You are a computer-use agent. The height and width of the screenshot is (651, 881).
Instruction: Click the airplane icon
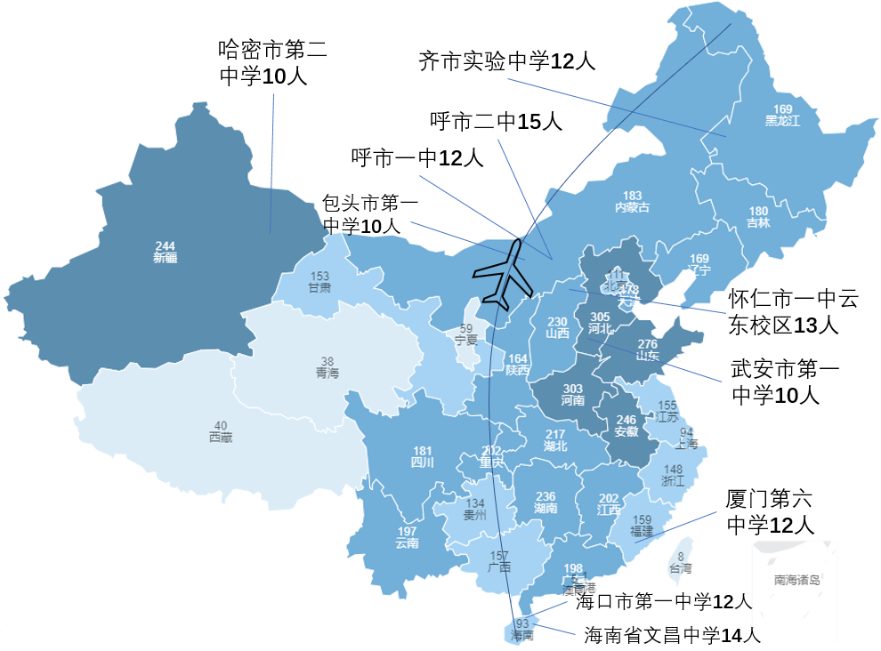tap(503, 276)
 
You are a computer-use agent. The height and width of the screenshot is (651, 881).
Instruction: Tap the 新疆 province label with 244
tap(165, 252)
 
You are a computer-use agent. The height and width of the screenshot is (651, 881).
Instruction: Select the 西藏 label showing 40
tap(221, 430)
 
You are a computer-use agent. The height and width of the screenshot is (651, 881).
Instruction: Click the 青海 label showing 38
tap(327, 367)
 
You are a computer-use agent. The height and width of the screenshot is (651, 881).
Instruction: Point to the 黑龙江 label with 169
tap(782, 115)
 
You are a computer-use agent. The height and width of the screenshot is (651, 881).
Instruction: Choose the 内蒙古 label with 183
tap(632, 202)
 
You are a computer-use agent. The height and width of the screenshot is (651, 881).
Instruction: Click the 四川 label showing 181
tap(422, 456)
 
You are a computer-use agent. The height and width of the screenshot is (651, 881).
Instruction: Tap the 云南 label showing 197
tap(407, 537)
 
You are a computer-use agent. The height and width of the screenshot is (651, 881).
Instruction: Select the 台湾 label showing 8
tap(680, 562)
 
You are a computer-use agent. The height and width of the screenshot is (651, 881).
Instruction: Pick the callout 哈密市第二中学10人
tap(272, 62)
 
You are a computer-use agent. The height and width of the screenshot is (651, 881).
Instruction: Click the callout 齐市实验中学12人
tap(506, 61)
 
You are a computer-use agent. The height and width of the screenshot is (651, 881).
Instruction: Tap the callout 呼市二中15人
tap(496, 122)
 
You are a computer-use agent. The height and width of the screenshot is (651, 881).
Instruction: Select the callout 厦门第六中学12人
tap(770, 511)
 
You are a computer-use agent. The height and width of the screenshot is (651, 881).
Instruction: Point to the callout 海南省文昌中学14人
tap(673, 635)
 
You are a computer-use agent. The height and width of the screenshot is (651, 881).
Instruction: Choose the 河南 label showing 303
tap(573, 394)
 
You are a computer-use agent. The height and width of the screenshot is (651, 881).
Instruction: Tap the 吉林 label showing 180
tap(758, 217)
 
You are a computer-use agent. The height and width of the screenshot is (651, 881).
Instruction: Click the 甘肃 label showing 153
tap(319, 282)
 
